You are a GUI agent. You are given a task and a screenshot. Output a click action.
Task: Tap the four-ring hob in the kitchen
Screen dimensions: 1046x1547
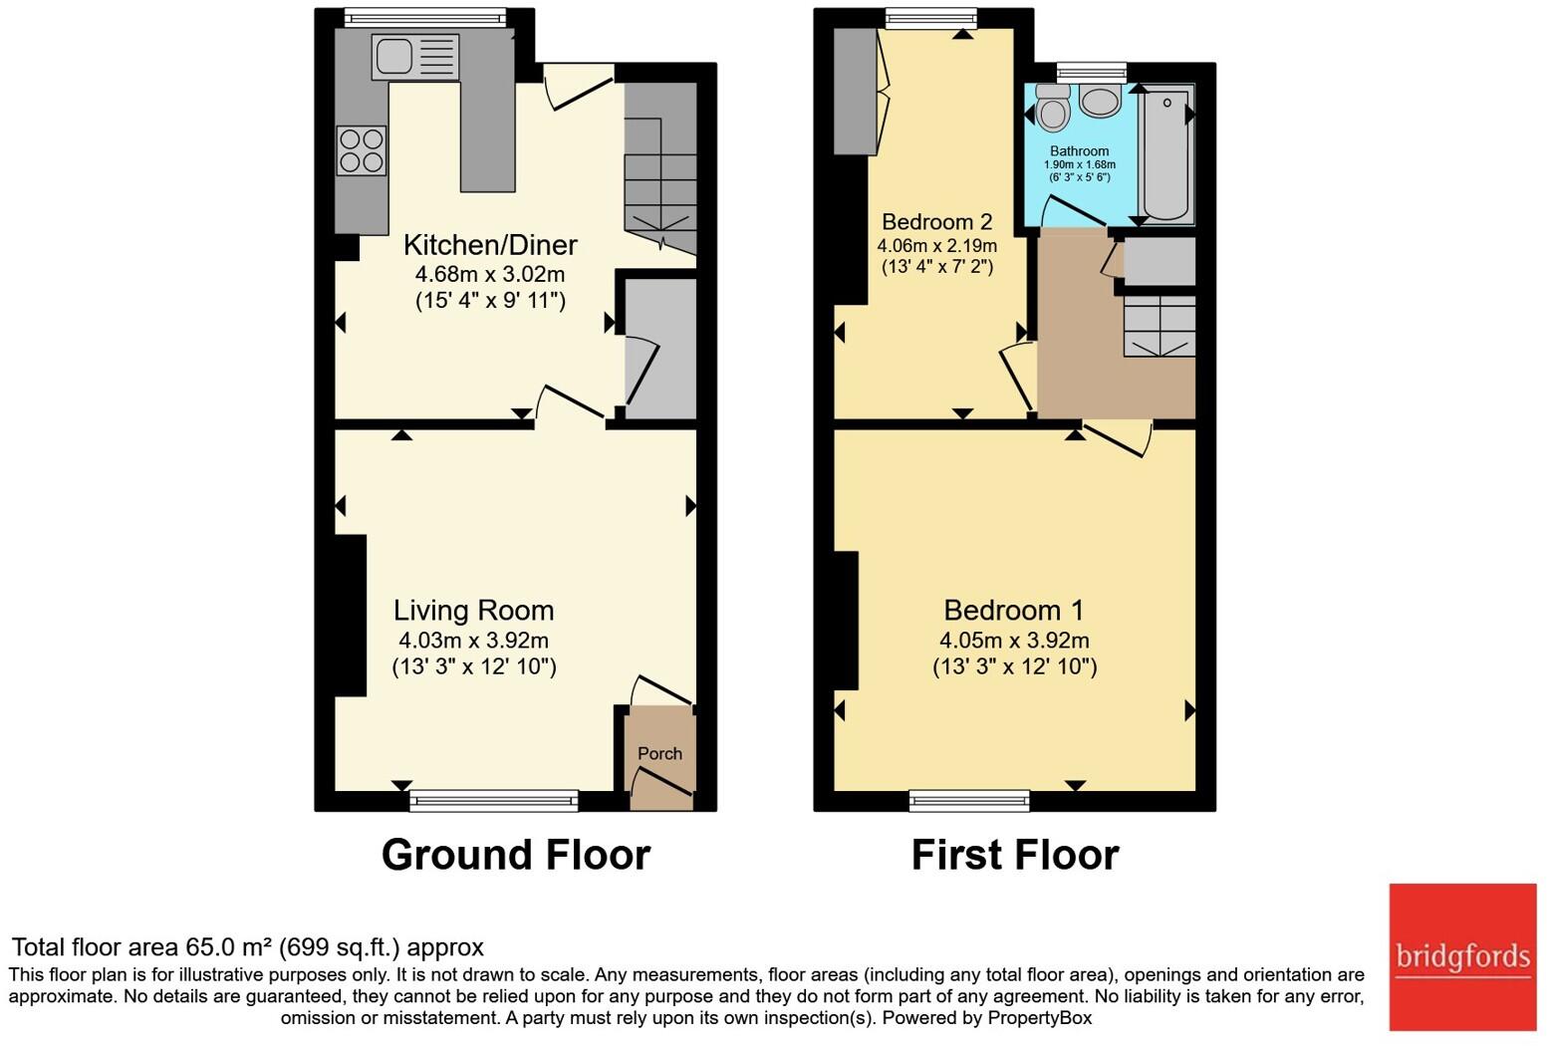[x=362, y=150]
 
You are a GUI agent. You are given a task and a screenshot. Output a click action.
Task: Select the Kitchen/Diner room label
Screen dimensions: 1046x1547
[x=490, y=245]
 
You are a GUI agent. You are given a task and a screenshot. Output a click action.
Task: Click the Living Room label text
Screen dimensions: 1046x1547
[x=473, y=611]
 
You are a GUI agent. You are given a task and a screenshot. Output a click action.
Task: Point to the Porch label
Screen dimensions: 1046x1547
[x=659, y=754]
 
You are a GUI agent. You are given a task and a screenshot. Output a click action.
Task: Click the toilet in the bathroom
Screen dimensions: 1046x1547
[x=1052, y=108]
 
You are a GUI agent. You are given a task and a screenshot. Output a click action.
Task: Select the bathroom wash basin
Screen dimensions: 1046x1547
[x=1100, y=102]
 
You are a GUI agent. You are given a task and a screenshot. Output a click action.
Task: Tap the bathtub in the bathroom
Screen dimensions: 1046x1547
[x=1165, y=153]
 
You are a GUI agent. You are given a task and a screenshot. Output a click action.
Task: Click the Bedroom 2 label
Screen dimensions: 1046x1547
[x=936, y=222]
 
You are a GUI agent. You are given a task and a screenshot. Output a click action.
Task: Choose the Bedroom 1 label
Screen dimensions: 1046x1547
[x=1014, y=611]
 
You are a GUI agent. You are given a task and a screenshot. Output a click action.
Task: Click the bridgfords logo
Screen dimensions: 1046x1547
[x=1462, y=957]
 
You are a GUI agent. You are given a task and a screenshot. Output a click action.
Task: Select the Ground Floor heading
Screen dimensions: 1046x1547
[x=516, y=856]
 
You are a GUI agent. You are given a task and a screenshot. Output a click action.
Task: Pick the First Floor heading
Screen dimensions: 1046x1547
[x=1015, y=856]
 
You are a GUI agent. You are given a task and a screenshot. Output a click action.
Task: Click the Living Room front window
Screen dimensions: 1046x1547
[x=493, y=800]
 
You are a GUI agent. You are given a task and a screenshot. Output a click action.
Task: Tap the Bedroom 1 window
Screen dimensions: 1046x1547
[x=969, y=800]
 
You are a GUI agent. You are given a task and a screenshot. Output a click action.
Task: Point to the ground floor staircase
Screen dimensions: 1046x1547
[x=659, y=174]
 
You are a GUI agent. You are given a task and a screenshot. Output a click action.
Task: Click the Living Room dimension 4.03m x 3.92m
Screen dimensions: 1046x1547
[x=473, y=641]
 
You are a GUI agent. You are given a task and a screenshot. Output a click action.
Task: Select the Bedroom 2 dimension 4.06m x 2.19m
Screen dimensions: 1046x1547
[x=936, y=245]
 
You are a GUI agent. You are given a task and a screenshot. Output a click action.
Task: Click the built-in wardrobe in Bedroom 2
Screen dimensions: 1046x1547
[x=855, y=92]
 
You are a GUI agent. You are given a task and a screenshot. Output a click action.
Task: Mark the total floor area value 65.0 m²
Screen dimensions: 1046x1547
[x=228, y=947]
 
